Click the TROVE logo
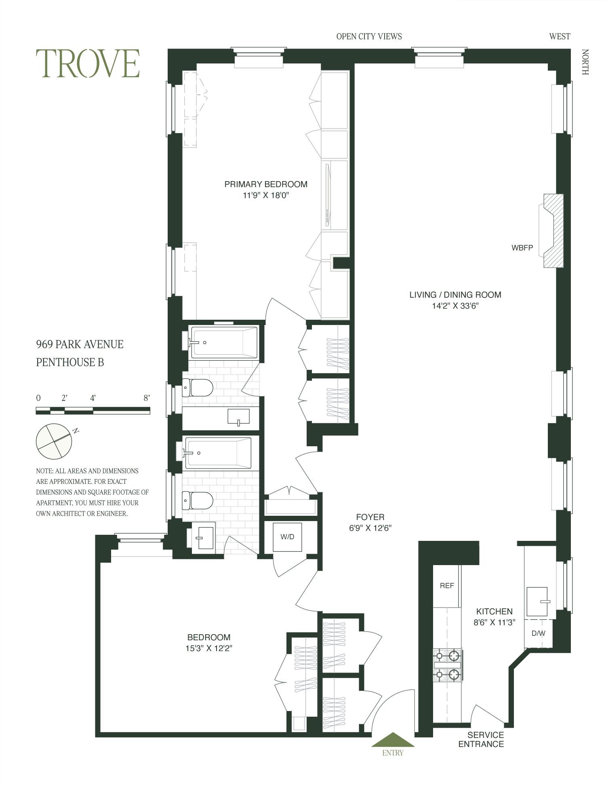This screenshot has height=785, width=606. point(88,63)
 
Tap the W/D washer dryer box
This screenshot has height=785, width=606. point(287,537)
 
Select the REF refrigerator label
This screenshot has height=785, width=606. point(447,586)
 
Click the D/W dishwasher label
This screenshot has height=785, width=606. point(538,633)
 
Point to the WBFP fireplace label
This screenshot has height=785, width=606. point(522,248)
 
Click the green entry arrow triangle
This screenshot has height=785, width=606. point(393,740)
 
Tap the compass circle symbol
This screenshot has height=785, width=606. point(54,441)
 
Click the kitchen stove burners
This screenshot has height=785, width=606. point(448,665)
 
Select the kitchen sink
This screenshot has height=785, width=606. point(537,602)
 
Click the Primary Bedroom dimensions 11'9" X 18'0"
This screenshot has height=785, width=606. point(265,196)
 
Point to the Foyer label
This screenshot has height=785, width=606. point(370,517)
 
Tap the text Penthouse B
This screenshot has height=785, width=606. point(70,362)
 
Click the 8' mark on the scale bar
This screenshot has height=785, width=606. point(147,398)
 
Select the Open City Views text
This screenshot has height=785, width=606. point(369,36)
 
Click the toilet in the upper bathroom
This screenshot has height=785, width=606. point(198,388)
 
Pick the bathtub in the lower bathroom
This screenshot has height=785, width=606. point(218,453)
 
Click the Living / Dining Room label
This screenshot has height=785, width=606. point(455,295)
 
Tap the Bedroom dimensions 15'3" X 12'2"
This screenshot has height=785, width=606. point(208,648)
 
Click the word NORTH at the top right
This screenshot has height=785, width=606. point(585,62)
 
